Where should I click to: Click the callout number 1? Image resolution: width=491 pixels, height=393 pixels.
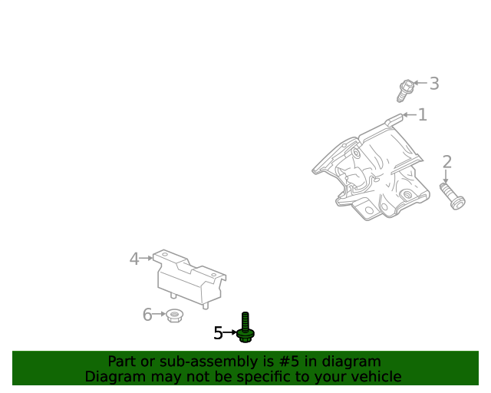[x=423, y=115]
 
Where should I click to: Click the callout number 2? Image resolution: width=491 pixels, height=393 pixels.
[x=447, y=162]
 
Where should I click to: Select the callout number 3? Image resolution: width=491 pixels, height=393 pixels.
[x=434, y=84]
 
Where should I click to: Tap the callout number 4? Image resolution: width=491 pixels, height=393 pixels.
[x=134, y=259]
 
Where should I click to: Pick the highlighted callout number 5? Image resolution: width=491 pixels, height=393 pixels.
[x=218, y=333]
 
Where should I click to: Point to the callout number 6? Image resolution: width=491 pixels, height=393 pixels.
[x=147, y=315]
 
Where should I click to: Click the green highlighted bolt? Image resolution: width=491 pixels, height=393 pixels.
[x=245, y=328]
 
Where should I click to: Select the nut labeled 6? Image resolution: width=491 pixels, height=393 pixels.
[x=174, y=315]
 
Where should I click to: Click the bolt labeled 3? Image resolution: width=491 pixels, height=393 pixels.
[x=404, y=91]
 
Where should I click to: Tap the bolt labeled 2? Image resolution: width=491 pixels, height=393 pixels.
[x=452, y=195]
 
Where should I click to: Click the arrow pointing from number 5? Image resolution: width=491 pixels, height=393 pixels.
[x=231, y=333]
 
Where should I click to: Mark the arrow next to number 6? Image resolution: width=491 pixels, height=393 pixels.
[x=160, y=315]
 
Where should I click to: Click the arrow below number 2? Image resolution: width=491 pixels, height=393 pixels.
[x=446, y=176]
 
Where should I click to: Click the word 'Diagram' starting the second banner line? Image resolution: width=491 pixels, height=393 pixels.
[x=113, y=377]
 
